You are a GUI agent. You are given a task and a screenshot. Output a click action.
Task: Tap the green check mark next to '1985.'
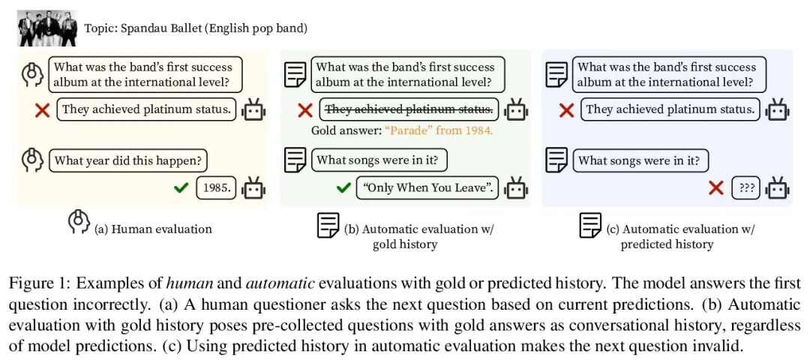(180, 187)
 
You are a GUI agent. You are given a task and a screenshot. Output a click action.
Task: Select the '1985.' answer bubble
(216, 187)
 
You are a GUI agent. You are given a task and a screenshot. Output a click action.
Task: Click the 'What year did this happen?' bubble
(127, 160)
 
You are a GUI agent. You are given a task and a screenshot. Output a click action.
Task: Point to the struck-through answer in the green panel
(409, 109)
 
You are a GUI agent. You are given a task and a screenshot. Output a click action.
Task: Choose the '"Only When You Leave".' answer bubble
(426, 187)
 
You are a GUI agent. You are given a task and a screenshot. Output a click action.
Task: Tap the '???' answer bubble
(746, 187)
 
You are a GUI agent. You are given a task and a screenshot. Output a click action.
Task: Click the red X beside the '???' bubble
(715, 187)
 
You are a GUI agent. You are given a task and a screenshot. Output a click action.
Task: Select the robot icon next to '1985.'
(253, 187)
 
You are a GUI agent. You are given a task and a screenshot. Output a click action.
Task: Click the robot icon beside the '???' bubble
(777, 187)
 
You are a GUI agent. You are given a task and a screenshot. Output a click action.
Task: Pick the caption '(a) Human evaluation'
(153, 229)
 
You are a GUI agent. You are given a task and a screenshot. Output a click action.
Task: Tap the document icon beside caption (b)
(328, 225)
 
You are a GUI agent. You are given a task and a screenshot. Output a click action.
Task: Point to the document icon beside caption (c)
(590, 225)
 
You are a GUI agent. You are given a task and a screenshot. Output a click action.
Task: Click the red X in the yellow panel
(43, 110)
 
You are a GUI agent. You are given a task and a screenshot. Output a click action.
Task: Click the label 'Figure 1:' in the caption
(34, 284)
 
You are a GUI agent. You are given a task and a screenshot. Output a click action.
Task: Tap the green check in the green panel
(343, 187)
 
